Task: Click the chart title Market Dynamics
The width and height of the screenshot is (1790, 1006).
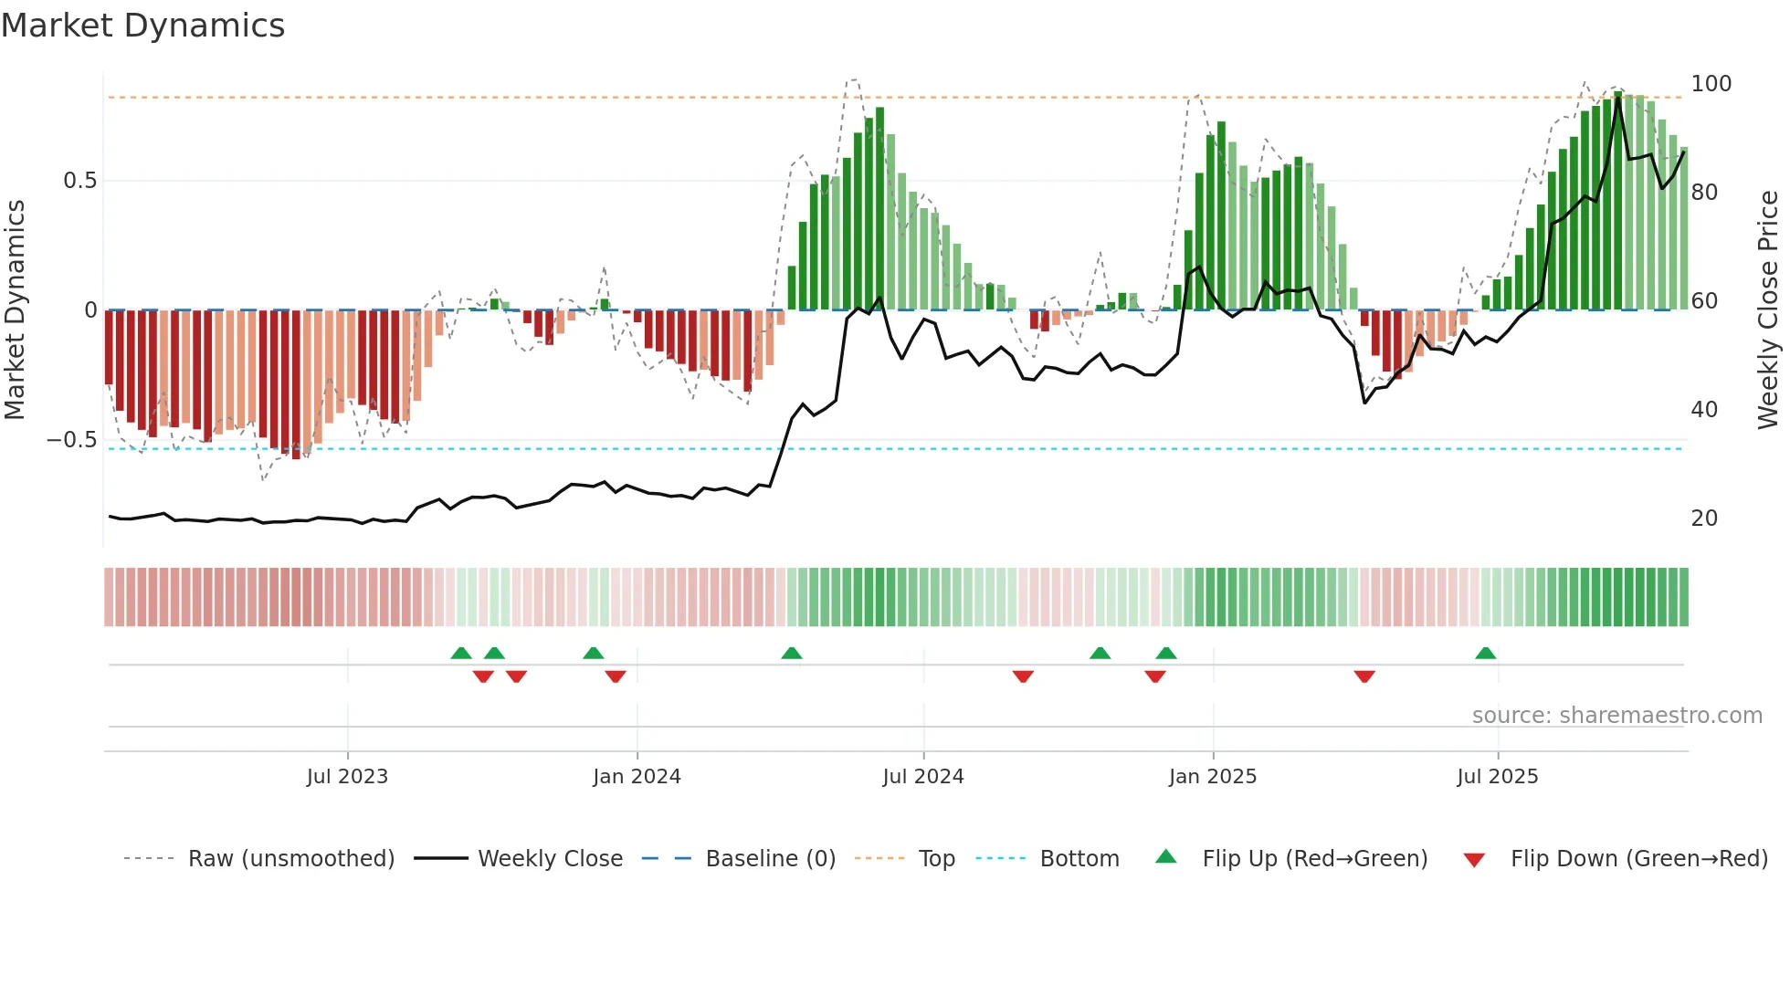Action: click(142, 26)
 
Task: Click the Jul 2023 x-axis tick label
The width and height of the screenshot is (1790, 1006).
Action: click(347, 777)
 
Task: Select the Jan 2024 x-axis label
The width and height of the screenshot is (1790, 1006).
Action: click(637, 777)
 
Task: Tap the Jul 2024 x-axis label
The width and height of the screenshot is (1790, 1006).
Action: click(922, 777)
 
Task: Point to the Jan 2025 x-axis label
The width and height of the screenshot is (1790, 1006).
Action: click(1212, 777)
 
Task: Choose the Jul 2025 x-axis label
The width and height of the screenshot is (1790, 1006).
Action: click(1497, 777)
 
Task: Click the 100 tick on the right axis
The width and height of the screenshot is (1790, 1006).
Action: click(1711, 84)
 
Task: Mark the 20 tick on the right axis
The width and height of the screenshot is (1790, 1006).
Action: click(1704, 519)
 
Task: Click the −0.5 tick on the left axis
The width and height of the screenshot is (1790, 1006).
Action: click(71, 440)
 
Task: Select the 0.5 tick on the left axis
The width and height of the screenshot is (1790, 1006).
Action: click(79, 181)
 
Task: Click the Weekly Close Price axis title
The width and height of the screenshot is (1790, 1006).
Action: click(1768, 310)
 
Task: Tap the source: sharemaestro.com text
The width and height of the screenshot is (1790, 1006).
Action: click(1616, 716)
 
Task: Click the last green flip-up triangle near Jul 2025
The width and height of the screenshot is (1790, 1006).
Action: click(1485, 653)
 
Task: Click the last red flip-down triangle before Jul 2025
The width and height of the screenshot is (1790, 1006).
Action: click(1364, 676)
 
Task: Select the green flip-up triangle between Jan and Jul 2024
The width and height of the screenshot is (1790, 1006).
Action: click(792, 653)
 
